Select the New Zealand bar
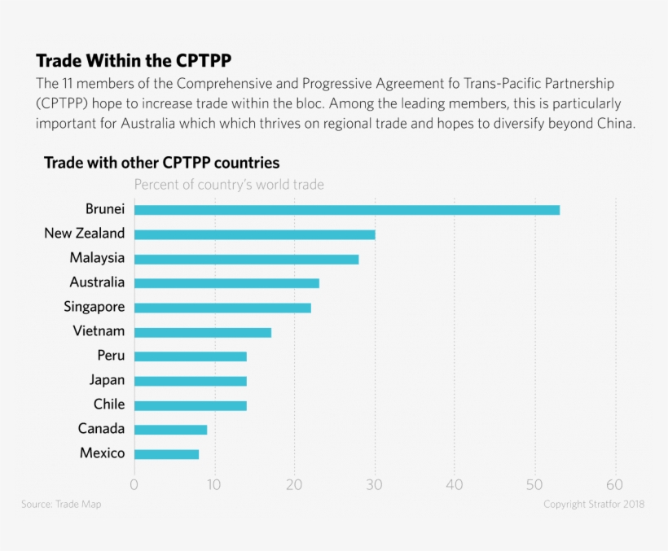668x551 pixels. (x=254, y=234)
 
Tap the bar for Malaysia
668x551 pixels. (x=246, y=259)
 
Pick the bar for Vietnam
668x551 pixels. (x=202, y=332)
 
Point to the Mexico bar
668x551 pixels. (x=166, y=454)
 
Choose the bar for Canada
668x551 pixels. (x=170, y=430)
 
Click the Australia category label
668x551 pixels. (x=97, y=282)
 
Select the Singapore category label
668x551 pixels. (x=94, y=307)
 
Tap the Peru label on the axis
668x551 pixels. (x=111, y=356)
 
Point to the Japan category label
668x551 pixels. (x=108, y=380)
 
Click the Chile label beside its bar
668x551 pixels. (x=109, y=405)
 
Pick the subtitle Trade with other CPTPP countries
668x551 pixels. (x=161, y=163)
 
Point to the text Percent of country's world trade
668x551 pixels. (x=229, y=185)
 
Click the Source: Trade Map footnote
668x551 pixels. (x=61, y=505)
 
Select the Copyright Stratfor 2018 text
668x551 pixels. (x=594, y=505)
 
